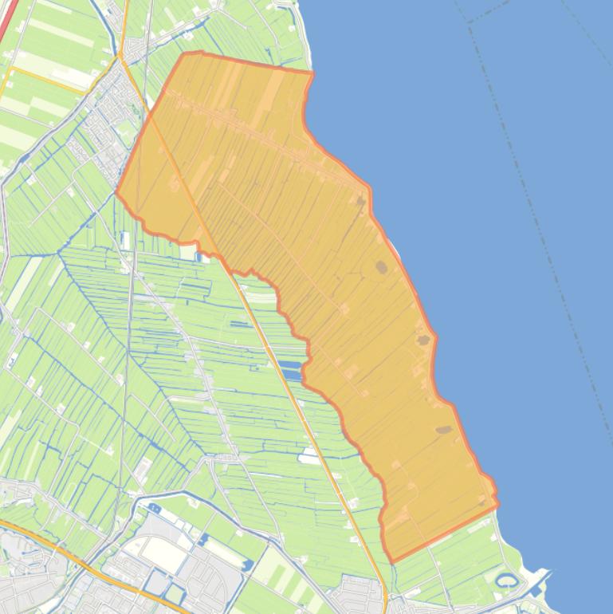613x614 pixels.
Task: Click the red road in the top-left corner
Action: [8, 20]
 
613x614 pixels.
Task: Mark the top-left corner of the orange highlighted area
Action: [184, 54]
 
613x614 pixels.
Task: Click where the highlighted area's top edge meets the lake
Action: [312, 73]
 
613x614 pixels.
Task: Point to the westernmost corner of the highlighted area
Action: [117, 192]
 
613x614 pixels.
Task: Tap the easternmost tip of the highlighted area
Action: [498, 502]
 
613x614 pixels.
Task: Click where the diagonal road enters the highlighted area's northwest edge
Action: [151, 115]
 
